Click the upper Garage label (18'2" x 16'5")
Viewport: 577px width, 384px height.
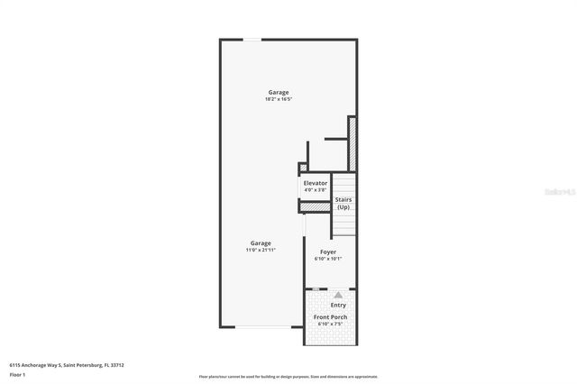click(x=278, y=92)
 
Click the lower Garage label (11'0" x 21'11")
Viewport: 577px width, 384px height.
click(x=261, y=242)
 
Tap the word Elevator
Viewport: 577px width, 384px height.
click(x=316, y=183)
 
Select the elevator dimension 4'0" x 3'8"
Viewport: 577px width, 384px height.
click(x=316, y=190)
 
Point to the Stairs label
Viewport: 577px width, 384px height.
click(x=343, y=199)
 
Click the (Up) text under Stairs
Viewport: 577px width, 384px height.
click(x=343, y=207)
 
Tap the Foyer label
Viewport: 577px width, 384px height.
click(x=328, y=251)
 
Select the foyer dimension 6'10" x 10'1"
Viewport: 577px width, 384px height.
click(x=328, y=259)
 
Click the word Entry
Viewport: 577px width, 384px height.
click(x=338, y=306)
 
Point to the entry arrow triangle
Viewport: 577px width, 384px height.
click(x=338, y=294)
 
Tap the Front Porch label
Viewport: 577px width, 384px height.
click(x=331, y=317)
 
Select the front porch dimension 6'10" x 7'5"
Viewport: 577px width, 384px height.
click(x=331, y=325)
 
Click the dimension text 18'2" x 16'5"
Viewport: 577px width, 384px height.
click(x=278, y=99)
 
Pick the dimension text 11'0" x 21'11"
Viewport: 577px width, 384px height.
click(x=261, y=250)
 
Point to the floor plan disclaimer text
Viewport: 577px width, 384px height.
click(x=288, y=376)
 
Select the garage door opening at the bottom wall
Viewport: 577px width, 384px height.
click(x=261, y=327)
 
